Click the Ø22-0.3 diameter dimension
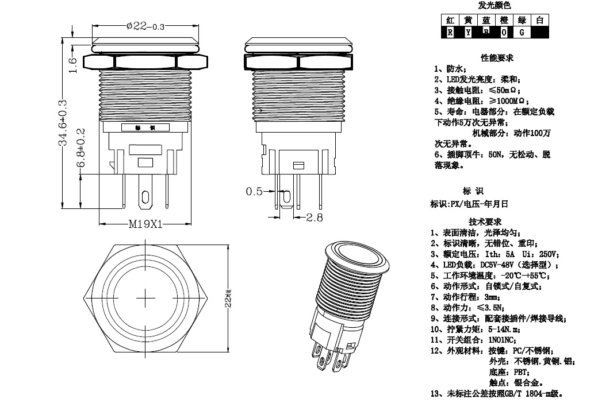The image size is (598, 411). (145, 26)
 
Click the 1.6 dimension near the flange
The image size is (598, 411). (72, 65)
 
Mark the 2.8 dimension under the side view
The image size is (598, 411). (314, 218)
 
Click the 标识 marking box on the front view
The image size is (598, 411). (145, 127)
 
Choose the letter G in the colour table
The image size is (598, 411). (522, 33)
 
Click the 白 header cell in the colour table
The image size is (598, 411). (539, 21)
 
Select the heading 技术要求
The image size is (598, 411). (485, 222)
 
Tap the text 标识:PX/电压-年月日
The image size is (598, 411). (469, 204)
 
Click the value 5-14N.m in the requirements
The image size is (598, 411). (504, 329)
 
